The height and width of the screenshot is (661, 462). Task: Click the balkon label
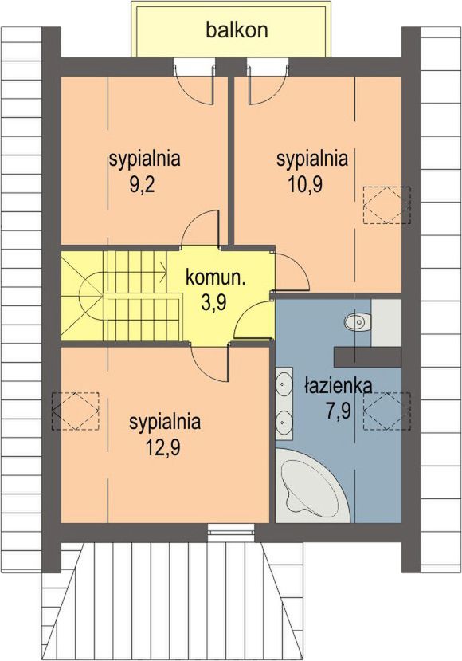[237, 30]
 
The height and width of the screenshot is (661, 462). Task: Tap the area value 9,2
[142, 185]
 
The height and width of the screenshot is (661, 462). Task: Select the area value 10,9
[305, 185]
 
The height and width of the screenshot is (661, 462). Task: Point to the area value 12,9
[163, 447]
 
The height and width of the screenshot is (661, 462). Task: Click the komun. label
[216, 278]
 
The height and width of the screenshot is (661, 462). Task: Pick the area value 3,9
[214, 302]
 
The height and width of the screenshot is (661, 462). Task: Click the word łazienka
[339, 386]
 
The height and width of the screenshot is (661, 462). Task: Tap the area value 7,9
[339, 411]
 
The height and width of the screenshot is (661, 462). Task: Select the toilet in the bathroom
[358, 322]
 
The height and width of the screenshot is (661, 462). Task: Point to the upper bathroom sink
[284, 384]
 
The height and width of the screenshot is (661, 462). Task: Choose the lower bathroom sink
[284, 421]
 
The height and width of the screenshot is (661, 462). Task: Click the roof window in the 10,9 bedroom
[387, 205]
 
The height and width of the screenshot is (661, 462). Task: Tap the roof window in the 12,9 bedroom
[76, 411]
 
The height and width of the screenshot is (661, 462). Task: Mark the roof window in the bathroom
[387, 411]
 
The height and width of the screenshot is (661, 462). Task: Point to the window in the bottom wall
[231, 533]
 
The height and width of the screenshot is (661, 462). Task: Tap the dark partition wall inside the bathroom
[368, 357]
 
